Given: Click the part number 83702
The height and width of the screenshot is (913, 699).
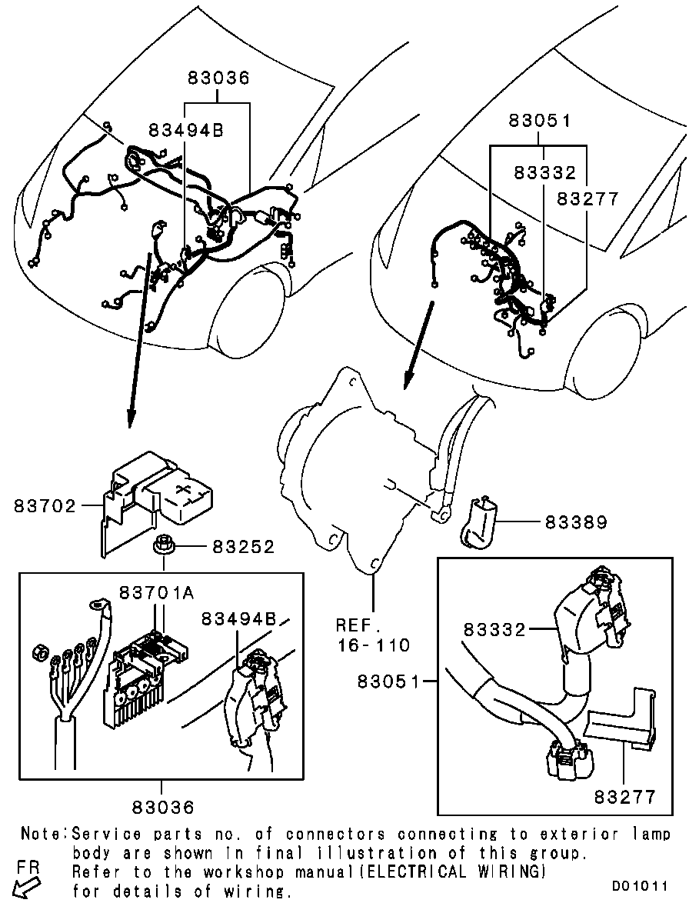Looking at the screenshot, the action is click(45, 506).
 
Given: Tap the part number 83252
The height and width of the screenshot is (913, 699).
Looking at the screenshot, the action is click(243, 547).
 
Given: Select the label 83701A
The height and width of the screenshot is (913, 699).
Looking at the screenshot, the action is click(157, 593).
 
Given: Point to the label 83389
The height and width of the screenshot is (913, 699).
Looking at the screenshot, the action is click(576, 522).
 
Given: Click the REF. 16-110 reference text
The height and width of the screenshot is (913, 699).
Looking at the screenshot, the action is click(373, 635).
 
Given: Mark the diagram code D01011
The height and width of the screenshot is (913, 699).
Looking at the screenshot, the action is click(640, 885).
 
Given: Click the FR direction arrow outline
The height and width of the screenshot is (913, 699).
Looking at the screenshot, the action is click(25, 888).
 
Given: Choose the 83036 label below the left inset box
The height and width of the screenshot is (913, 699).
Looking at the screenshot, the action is click(163, 807).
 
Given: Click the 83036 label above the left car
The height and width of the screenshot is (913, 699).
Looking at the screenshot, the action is click(218, 78).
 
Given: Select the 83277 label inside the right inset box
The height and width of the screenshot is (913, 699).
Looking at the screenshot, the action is click(625, 796).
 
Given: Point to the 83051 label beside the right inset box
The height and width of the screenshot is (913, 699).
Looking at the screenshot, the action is click(388, 681).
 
